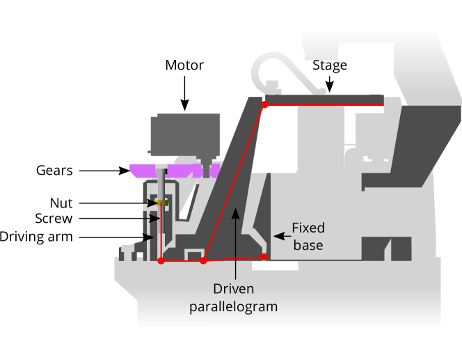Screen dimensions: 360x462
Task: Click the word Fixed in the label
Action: point(308,228)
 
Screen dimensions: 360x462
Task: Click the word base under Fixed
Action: point(308,245)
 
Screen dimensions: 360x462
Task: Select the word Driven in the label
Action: point(233,289)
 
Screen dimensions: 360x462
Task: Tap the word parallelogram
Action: point(233,306)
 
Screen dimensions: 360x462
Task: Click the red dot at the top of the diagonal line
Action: point(264,104)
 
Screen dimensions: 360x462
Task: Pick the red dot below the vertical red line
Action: point(161,260)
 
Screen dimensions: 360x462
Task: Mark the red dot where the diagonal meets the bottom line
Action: point(203,260)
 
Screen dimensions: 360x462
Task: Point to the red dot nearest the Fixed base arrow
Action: point(264,256)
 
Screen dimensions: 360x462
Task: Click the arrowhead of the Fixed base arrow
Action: point(276,236)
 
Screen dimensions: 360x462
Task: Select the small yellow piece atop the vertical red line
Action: point(162,203)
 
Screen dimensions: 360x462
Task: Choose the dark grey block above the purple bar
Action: point(185,133)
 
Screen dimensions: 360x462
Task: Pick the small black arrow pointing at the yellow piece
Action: point(151,203)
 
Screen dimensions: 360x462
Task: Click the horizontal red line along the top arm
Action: point(324,105)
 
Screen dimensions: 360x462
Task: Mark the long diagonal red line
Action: point(234,182)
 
